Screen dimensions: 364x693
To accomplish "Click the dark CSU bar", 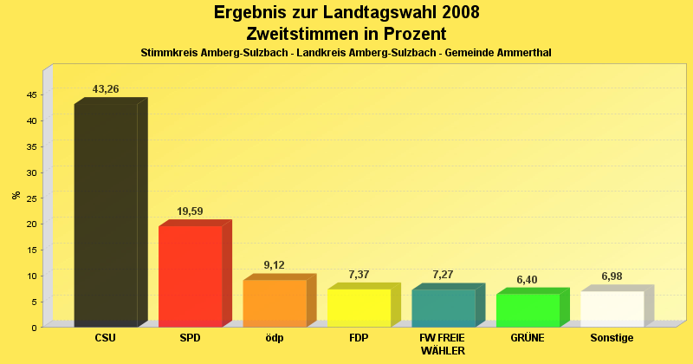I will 106,215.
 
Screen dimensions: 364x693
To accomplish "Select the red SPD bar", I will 191,276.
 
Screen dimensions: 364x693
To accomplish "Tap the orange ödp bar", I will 275,302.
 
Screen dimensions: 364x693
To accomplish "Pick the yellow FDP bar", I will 359,307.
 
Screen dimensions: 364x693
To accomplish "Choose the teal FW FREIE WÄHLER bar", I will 443,308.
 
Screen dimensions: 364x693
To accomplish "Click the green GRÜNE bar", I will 528,309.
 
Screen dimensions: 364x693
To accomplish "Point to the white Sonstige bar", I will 612,309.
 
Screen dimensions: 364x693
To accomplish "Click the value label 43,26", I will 106,89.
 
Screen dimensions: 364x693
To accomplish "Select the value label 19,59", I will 191,211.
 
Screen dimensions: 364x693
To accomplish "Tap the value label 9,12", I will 275,265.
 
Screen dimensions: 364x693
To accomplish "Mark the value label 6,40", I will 528,280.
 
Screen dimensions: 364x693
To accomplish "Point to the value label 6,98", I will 612,276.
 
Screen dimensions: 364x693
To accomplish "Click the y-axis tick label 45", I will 32,94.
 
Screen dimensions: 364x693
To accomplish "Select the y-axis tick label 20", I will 32,224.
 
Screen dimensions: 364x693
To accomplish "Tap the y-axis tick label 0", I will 35,328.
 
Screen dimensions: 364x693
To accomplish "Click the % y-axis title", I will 16,195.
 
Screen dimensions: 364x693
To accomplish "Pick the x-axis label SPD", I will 190,338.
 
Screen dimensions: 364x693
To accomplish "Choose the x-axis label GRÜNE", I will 528,338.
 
